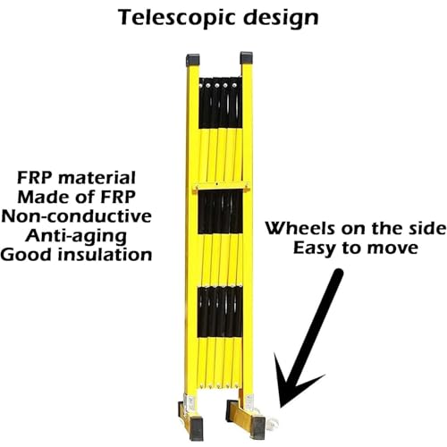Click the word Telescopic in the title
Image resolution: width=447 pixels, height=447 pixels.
pyautogui.click(x=178, y=18)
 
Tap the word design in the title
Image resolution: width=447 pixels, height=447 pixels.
pyautogui.click(x=282, y=18)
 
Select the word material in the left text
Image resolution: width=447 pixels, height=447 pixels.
pyautogui.click(x=97, y=178)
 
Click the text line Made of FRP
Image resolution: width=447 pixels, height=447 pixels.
pyautogui.click(x=77, y=197)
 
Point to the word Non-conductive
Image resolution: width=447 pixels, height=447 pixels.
pyautogui.click(x=77, y=216)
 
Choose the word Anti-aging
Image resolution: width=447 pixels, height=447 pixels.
pyautogui.click(x=76, y=237)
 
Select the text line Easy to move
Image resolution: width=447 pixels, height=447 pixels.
pyautogui.click(x=356, y=248)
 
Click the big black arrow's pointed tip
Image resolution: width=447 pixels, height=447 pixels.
pyautogui.click(x=280, y=407)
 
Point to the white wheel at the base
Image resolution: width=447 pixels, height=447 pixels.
pyautogui.click(x=273, y=423)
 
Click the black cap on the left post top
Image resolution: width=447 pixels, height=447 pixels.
pyautogui.click(x=192, y=60)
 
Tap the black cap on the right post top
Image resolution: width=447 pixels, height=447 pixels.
pyautogui.click(x=247, y=58)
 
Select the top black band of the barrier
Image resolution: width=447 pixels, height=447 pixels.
pyautogui.click(x=220, y=103)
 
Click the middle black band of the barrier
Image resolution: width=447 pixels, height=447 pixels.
pyautogui.click(x=220, y=212)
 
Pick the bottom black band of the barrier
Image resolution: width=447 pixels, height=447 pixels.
pyautogui.click(x=220, y=311)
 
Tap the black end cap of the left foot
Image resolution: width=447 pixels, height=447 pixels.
pyautogui.click(x=196, y=429)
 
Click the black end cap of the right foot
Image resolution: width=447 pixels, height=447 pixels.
pyautogui.click(x=257, y=428)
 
